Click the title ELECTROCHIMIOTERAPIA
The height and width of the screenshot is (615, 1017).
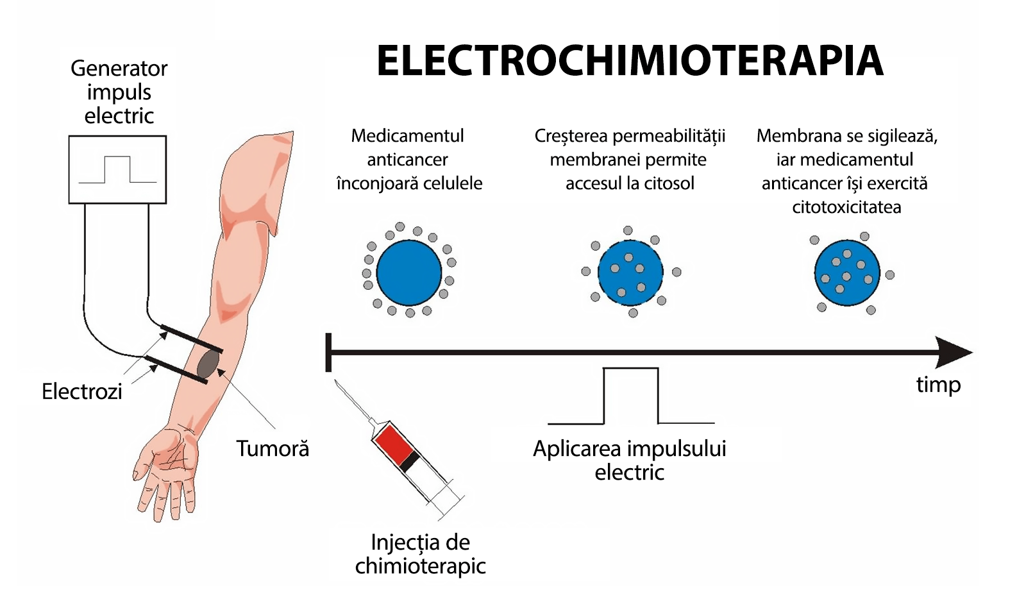click(x=630, y=62)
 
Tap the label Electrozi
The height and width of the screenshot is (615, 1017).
click(x=81, y=391)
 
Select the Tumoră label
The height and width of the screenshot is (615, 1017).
click(x=273, y=448)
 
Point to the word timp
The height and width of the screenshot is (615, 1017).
click(x=938, y=385)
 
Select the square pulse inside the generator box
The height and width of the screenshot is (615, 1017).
click(x=117, y=169)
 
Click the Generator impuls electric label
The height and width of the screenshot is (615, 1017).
click(x=119, y=92)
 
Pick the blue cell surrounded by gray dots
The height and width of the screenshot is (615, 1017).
click(x=409, y=273)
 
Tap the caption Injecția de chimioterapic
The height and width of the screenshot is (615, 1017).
click(x=420, y=554)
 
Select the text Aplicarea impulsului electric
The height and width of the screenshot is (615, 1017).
click(x=629, y=460)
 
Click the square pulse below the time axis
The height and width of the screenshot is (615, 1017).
click(x=631, y=396)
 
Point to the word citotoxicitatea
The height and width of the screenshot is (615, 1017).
click(x=846, y=207)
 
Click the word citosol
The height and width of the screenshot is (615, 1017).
click(x=669, y=183)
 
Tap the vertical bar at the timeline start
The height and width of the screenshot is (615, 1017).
click(x=328, y=352)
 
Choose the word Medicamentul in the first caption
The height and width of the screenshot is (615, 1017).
click(x=407, y=136)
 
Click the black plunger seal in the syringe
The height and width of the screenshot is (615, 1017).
click(x=410, y=461)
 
